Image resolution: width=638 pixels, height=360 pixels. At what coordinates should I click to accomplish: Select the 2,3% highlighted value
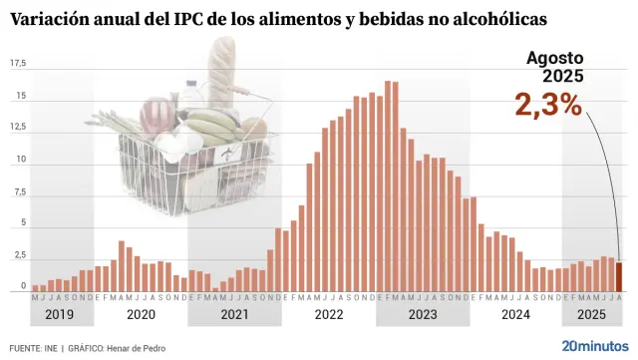pos(548,105)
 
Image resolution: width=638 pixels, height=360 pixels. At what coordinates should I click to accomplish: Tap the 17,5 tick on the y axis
pos(18,64)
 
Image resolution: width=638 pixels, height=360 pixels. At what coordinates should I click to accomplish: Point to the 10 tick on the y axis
pos(20,161)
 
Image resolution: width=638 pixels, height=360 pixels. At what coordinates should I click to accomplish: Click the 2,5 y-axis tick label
pos(18,256)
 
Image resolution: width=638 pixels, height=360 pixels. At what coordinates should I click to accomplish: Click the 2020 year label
pos(141,315)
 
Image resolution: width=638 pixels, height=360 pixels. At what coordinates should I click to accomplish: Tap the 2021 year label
pos(234,315)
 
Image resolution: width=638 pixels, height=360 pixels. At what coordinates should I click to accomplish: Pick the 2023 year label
pos(422,315)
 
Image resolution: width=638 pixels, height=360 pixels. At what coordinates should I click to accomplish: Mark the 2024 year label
pos(515,315)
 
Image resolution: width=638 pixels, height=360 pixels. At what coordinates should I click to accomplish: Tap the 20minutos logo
pos(595,346)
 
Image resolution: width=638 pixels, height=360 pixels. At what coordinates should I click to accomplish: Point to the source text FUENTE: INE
pos(31,348)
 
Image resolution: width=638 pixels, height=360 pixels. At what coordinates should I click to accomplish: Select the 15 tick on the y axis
pos(20,97)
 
